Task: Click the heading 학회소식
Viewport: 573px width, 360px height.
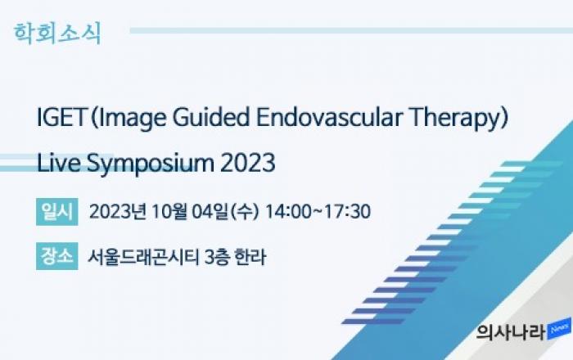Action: [x=57, y=34]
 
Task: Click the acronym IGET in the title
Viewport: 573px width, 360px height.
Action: [x=61, y=117]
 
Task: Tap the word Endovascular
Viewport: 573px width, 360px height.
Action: [x=329, y=117]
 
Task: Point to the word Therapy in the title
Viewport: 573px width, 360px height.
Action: [x=454, y=119]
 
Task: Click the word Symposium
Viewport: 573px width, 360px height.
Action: [x=150, y=164]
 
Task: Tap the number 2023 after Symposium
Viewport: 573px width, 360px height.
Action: [x=248, y=163]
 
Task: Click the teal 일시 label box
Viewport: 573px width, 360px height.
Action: [x=57, y=212]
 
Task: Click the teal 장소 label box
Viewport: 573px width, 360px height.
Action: [x=57, y=256]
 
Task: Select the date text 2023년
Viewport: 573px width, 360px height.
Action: [x=118, y=212]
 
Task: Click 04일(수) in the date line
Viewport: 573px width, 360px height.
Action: [x=225, y=212]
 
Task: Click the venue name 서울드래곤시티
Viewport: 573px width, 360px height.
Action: [x=143, y=257]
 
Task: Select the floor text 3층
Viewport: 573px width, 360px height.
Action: [x=217, y=257]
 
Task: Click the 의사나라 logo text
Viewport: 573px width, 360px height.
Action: [x=511, y=331]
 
